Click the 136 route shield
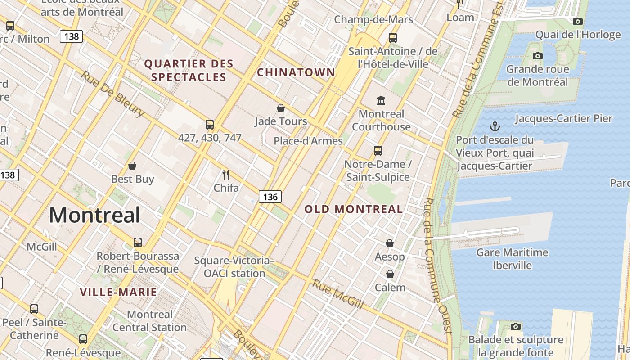coord(270,197)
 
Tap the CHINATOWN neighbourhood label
coord(296,72)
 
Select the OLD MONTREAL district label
coord(354,209)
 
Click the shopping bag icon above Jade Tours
coord(281,108)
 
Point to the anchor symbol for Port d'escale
coord(495,126)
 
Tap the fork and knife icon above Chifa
coord(226,174)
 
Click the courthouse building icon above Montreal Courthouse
coord(381,100)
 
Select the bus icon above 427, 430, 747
coord(210,125)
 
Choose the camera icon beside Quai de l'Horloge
coord(578,21)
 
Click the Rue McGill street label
coord(338,294)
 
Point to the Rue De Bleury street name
coord(112,94)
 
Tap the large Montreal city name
coord(94,215)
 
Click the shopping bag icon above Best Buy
coord(132,166)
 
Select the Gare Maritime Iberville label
coord(512,259)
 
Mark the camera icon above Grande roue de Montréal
coord(537,56)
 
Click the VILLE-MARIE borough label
coord(118,292)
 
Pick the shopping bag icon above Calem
coord(390,274)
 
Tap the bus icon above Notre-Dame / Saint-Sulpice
coord(378,151)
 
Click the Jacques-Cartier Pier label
coord(563,119)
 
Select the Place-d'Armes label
coord(308,141)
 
